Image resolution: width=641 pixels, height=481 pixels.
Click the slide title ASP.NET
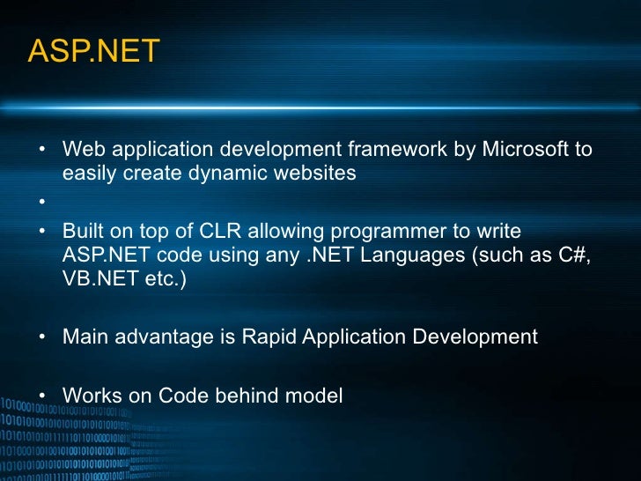93,52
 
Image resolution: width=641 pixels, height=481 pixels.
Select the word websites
315,174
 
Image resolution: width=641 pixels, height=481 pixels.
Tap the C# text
572,255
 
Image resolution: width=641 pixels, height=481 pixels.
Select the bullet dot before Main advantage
41,337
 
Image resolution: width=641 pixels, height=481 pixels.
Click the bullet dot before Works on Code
41,396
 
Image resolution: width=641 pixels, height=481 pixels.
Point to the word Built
82,232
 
